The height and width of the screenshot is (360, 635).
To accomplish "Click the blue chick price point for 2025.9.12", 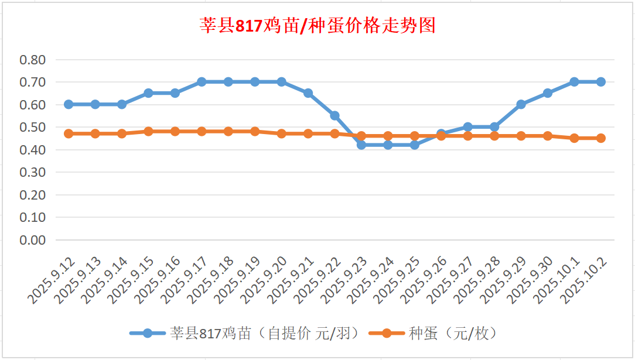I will click(x=69, y=104).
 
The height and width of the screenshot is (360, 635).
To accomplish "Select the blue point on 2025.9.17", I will click(x=202, y=82).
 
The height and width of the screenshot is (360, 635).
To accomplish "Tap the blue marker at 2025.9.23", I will click(x=361, y=145).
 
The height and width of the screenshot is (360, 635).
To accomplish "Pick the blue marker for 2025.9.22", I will click(x=334, y=115).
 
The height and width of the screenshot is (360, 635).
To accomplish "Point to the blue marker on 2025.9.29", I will click(x=521, y=104).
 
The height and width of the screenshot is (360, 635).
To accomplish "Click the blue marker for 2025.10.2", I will click(x=600, y=82).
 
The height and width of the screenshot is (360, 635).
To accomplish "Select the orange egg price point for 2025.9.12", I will click(x=69, y=133).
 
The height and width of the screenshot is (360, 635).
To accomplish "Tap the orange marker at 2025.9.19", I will click(x=255, y=131).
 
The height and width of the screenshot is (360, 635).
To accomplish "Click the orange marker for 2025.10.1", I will click(x=574, y=138).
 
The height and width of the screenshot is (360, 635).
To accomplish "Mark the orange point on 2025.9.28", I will click(x=494, y=136).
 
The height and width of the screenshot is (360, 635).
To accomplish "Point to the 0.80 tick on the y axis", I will click(x=33, y=60).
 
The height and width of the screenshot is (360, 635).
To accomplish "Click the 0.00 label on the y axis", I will click(x=33, y=240).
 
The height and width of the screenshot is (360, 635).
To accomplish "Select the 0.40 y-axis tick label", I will click(x=33, y=150).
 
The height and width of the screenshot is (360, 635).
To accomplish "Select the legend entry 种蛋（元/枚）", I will click(x=453, y=334).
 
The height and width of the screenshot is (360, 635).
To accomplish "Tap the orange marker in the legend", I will click(x=387, y=334).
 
